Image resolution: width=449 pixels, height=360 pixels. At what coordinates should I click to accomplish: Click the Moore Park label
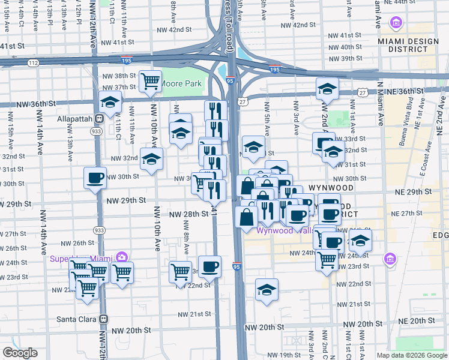[x=181, y=83]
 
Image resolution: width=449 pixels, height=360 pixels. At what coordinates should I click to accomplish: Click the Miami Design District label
[x=397, y=44]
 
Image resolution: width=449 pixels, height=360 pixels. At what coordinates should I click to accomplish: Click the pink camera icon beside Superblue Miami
[x=122, y=257]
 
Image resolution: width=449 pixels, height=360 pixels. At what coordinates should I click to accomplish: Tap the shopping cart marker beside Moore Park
[x=150, y=81]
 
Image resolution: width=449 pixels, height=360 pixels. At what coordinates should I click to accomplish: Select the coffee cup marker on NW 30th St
[x=95, y=178]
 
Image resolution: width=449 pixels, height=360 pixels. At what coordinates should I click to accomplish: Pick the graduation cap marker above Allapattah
[x=110, y=103]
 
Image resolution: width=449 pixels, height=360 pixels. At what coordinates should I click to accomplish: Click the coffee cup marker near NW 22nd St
[x=209, y=267]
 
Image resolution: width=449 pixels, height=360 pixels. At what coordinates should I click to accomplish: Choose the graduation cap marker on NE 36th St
[x=327, y=89]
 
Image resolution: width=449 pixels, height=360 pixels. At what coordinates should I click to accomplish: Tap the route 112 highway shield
[x=33, y=62]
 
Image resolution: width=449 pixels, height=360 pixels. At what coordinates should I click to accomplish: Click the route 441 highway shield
[x=213, y=211]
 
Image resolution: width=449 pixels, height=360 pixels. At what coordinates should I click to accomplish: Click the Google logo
[x=20, y=353]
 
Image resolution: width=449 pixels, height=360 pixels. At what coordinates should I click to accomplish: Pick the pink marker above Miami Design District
[x=396, y=24]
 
